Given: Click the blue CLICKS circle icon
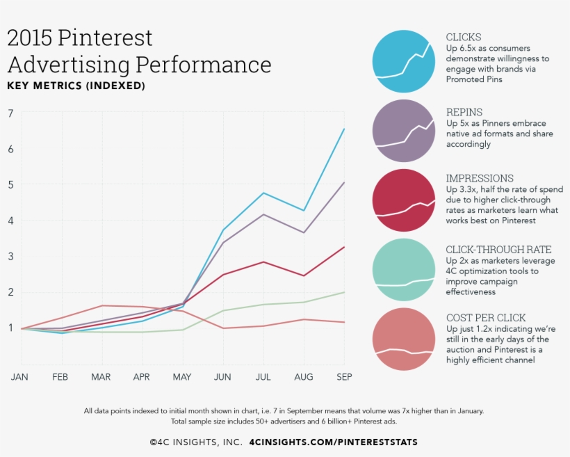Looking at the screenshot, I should click(x=404, y=61).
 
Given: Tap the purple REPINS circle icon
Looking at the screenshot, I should click(x=404, y=131).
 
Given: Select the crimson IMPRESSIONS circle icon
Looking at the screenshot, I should click(x=404, y=200).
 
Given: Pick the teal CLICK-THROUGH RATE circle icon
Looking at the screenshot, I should click(x=404, y=269).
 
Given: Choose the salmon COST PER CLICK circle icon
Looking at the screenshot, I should click(x=404, y=339).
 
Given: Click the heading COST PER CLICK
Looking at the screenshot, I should click(x=486, y=318).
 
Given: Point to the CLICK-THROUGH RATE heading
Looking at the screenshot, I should click(x=498, y=250).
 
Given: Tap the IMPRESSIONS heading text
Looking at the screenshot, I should click(x=480, y=179).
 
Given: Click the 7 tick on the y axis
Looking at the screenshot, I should click(x=10, y=113).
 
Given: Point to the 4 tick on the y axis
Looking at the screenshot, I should click(x=10, y=221).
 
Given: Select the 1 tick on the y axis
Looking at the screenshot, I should click(x=10, y=328).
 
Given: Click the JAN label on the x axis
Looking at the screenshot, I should click(x=20, y=376).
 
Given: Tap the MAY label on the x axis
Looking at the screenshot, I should click(x=183, y=376).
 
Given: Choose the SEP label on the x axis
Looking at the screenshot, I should click(x=344, y=376).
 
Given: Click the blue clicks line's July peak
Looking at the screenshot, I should click(x=263, y=193).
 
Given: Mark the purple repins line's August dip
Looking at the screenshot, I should click(x=304, y=232).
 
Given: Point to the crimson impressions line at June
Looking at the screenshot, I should click(x=223, y=275).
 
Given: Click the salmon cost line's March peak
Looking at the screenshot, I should click(x=102, y=305).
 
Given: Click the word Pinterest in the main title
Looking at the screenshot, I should click(x=105, y=38).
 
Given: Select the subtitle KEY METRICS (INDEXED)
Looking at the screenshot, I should click(x=76, y=86).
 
